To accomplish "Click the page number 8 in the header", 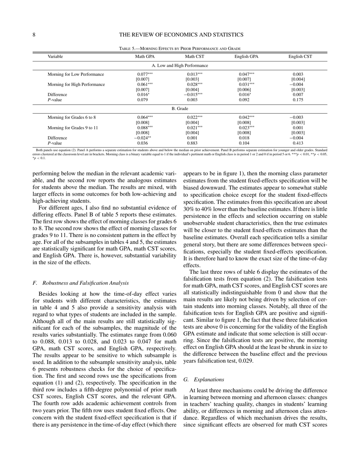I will (x=34, y=35).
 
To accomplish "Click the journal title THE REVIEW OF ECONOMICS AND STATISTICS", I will (x=181, y=35).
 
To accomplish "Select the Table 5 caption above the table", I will (x=180, y=49).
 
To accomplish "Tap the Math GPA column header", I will (x=145, y=57).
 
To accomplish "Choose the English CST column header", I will (x=300, y=57).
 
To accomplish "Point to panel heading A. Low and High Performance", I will (x=180, y=66).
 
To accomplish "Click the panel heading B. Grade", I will (x=180, y=109).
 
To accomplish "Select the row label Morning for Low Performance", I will (x=76, y=74).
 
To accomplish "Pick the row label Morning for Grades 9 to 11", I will (x=73, y=128).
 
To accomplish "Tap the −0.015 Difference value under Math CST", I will (x=194, y=95).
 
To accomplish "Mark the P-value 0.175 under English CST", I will (x=298, y=100).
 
